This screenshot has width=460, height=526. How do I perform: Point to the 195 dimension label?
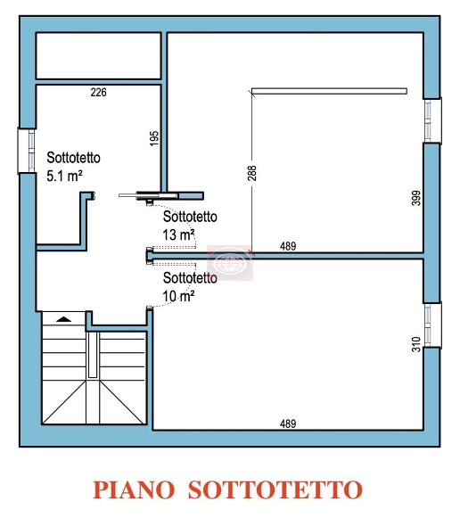(x=154, y=138)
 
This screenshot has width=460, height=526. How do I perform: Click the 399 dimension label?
(x=415, y=198)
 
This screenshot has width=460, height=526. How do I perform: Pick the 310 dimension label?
(x=415, y=344)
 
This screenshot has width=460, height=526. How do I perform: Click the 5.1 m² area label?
(x=65, y=175)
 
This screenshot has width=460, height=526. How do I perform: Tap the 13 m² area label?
(x=179, y=234)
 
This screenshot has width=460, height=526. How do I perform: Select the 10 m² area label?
(x=179, y=295)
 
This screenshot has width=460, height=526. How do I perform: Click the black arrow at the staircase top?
(x=62, y=316)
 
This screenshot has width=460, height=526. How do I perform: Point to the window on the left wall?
(x=25, y=149)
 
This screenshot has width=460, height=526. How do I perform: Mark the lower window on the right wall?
(x=432, y=325)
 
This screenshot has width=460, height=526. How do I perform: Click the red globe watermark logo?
(x=231, y=261)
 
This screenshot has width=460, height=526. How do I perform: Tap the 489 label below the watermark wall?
(x=288, y=246)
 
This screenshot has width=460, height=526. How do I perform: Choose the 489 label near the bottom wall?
(x=287, y=423)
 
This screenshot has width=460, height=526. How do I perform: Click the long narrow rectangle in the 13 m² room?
(x=329, y=90)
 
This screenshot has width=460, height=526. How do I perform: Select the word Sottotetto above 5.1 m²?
(x=73, y=157)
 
